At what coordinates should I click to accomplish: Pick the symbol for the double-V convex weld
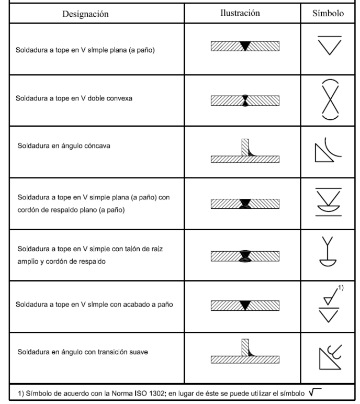coord(330,99)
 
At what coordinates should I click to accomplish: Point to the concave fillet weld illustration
coord(244,152)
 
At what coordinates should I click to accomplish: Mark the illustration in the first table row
coord(244,46)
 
